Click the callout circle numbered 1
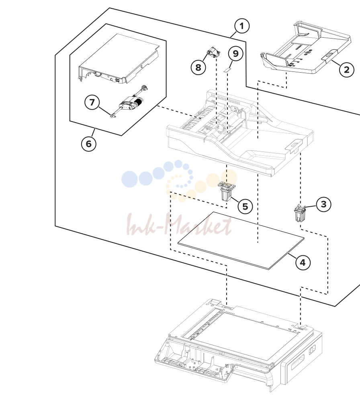pos(242,26)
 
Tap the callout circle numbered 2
pos(347,69)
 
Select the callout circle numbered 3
pos(324,204)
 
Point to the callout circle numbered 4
pos(303,263)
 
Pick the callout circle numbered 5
pos(245,206)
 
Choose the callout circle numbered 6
pos(89,144)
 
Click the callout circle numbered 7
pos(92,102)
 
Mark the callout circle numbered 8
pos(198,67)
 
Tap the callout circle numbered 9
pos(235,54)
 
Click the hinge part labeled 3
pos(300,213)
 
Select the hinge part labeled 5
pos(227,191)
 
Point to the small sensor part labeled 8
pos(213,53)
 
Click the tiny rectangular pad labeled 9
pos(228,70)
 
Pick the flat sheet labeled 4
pos(241,240)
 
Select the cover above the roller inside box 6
pos(119,59)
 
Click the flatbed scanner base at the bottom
pos(239,344)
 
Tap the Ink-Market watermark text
pos(179,224)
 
